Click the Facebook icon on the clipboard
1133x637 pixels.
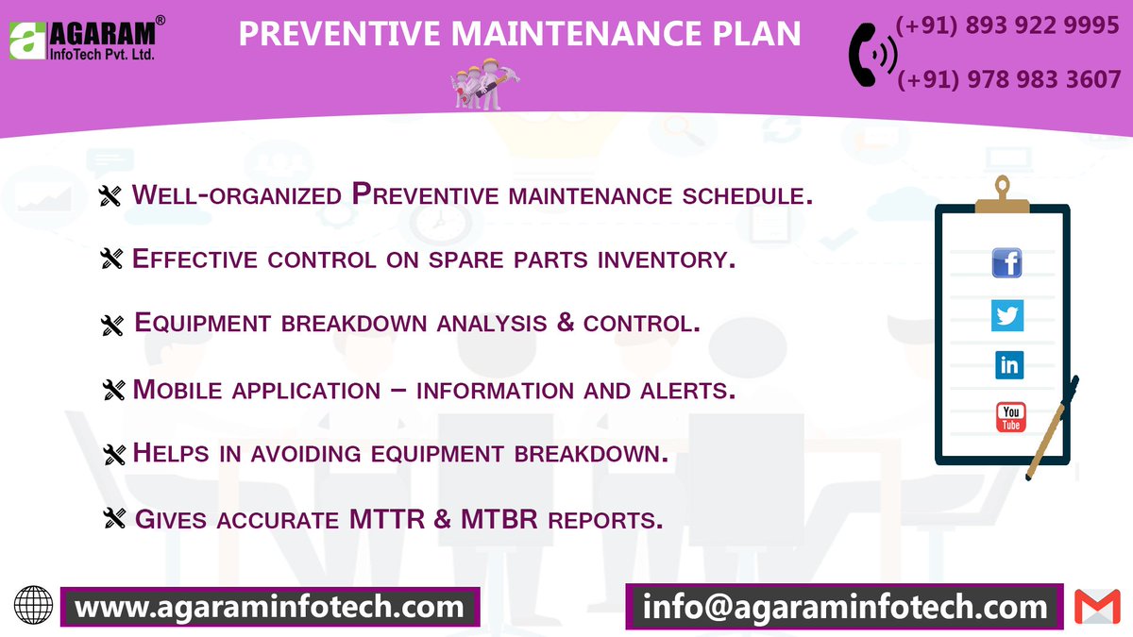coord(1007,262)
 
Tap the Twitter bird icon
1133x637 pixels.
coord(1007,314)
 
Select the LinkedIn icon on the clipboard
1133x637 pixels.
coord(1008,365)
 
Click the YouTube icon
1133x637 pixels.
coord(1010,416)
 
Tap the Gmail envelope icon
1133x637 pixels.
coord(1096,606)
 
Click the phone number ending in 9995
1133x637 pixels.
coord(1007,25)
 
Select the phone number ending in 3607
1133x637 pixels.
coord(1007,79)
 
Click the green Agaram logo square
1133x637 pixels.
coord(25,40)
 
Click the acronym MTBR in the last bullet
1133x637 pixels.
coord(500,519)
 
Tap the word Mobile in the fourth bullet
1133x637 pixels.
coord(177,389)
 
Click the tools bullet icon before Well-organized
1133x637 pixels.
coord(111,196)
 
